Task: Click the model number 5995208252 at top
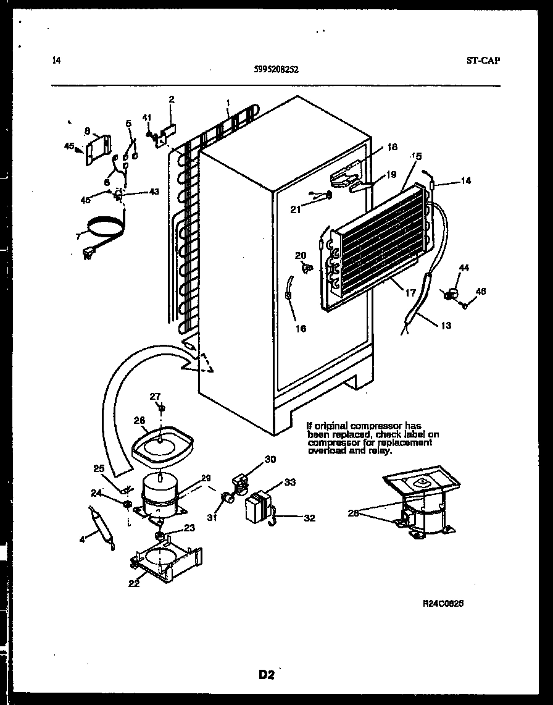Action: (x=276, y=70)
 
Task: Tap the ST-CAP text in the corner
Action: (x=483, y=60)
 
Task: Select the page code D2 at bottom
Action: (x=266, y=675)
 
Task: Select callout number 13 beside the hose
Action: (x=446, y=326)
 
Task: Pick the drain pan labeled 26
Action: (x=162, y=445)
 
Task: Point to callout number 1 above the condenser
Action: (x=228, y=102)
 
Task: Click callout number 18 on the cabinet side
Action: (x=392, y=146)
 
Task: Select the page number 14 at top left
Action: (x=57, y=60)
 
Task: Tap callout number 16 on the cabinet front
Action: (x=301, y=329)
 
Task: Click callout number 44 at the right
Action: (x=464, y=267)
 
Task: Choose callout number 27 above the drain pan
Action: (x=155, y=396)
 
